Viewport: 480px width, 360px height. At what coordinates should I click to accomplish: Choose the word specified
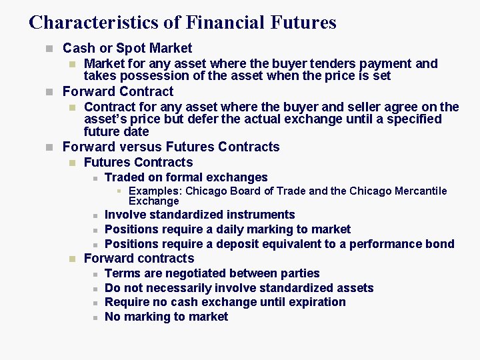(x=409, y=119)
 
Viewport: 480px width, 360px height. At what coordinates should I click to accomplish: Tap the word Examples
(x=155, y=191)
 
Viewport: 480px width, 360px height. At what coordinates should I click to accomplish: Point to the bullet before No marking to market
(x=95, y=317)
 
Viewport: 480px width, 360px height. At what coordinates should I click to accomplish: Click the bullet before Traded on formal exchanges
(x=95, y=178)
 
